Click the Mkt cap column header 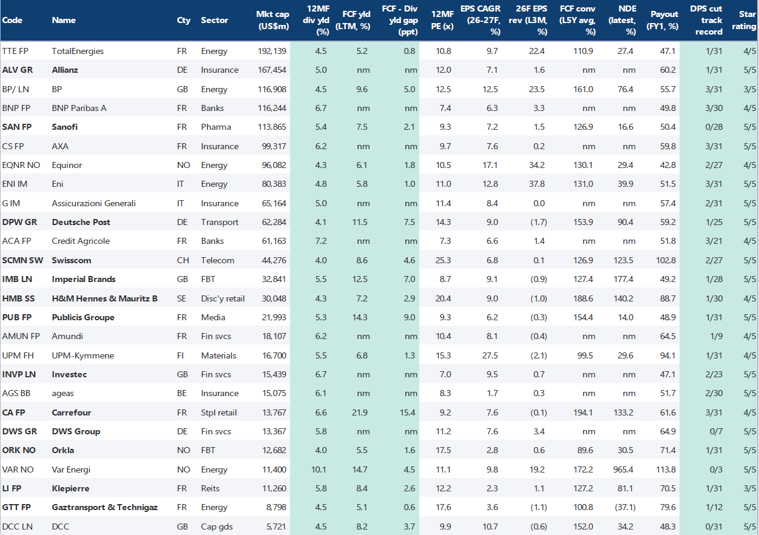coord(272,20)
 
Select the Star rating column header coord(747,20)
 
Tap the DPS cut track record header coord(706,20)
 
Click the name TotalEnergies coord(78,51)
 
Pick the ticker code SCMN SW coord(20,260)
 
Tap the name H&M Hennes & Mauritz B coord(104,298)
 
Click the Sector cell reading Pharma coord(216,127)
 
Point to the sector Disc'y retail coord(223,298)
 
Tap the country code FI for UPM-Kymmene coord(180,355)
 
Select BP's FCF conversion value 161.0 coord(583,89)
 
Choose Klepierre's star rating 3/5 coord(749,488)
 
